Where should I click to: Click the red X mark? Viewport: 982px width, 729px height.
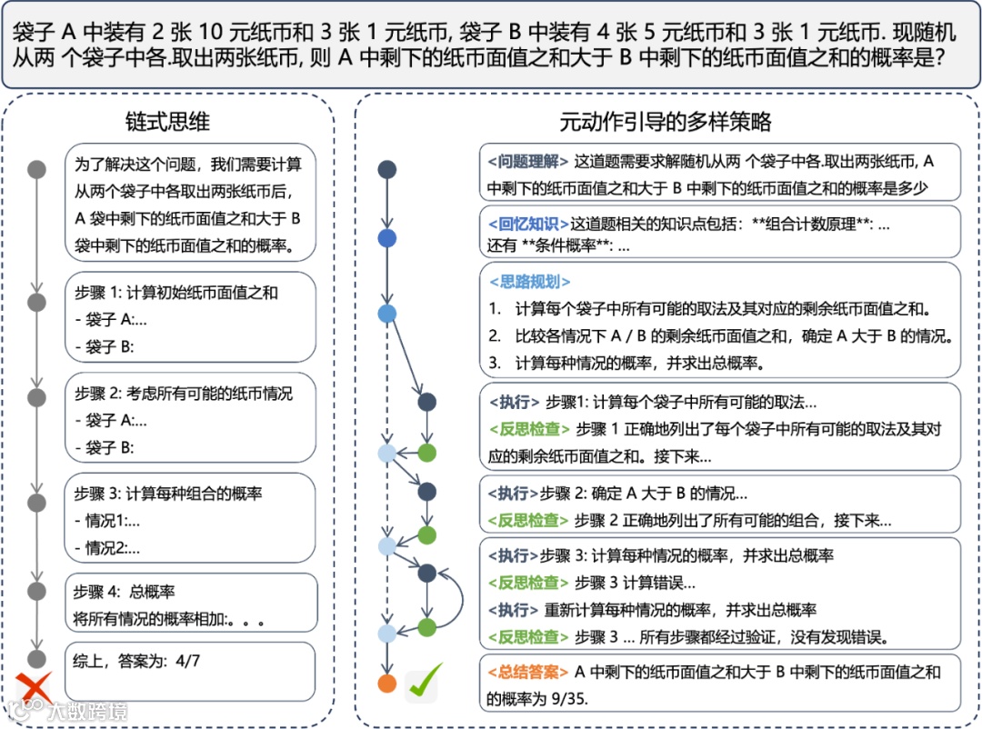(35, 686)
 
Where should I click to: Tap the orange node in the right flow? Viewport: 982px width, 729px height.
(387, 684)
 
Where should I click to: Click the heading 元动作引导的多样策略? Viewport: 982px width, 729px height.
(666, 121)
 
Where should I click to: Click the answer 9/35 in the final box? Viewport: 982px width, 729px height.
(547, 700)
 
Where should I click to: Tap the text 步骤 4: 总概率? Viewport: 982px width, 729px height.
(125, 592)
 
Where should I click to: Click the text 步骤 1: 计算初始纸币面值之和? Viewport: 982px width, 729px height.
(175, 293)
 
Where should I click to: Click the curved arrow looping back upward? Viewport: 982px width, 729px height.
(458, 599)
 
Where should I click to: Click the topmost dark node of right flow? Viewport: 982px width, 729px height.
(387, 169)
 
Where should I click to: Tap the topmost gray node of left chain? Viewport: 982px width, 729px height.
(36, 169)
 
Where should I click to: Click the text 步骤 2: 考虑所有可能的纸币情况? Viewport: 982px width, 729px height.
(184, 394)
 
